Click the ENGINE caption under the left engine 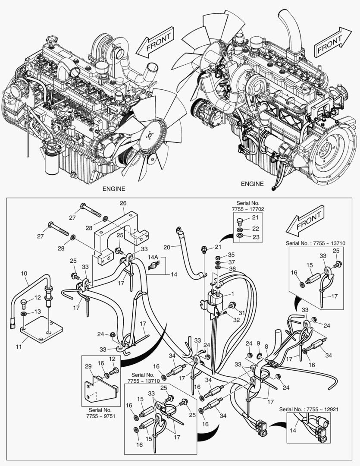coord(114,189)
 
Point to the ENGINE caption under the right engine coord(252,183)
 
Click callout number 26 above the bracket coord(123,203)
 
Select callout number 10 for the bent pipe coord(24,274)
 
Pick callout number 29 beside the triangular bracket coord(88,366)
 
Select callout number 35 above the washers coord(231,255)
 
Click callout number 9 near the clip coord(258,343)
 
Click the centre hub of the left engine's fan coord(149,135)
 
